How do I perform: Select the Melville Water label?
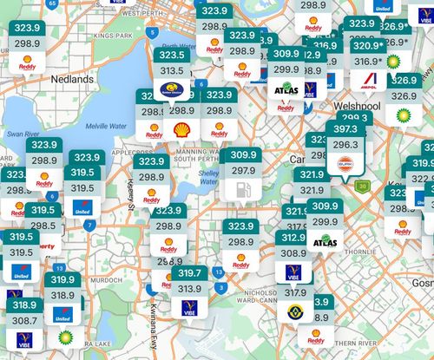coord(108,127)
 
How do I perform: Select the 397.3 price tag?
coord(345,129)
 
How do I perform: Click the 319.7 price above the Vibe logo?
coord(189,273)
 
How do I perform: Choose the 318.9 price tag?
coord(24,304)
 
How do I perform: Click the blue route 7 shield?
coord(89,226)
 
